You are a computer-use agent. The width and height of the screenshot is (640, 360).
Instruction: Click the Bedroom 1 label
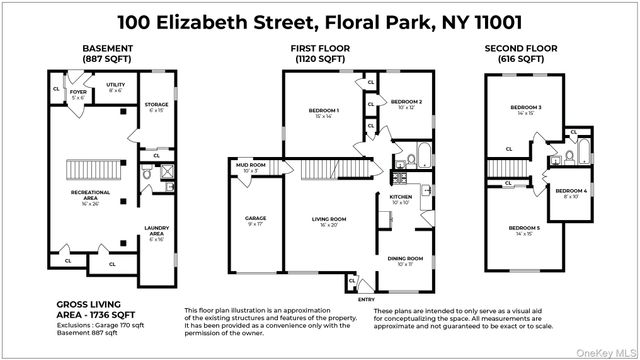click(x=325, y=112)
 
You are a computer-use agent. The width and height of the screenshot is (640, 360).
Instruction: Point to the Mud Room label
click(x=250, y=167)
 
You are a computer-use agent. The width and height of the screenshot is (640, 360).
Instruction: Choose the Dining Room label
click(x=405, y=261)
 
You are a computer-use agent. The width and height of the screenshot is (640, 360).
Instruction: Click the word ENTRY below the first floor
click(x=367, y=299)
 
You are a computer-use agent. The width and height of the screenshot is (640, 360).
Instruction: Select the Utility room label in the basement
click(x=116, y=87)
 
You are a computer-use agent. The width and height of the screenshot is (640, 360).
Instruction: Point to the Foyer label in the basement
click(x=78, y=95)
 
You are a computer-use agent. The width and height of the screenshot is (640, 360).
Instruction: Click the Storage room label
click(x=155, y=104)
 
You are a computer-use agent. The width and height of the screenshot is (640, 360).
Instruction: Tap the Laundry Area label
click(x=155, y=230)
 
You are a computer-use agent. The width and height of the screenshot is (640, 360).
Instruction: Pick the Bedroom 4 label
click(x=571, y=192)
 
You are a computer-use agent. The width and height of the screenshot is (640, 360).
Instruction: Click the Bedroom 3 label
click(x=525, y=110)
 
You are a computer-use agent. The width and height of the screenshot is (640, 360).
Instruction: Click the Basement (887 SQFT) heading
click(x=103, y=53)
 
